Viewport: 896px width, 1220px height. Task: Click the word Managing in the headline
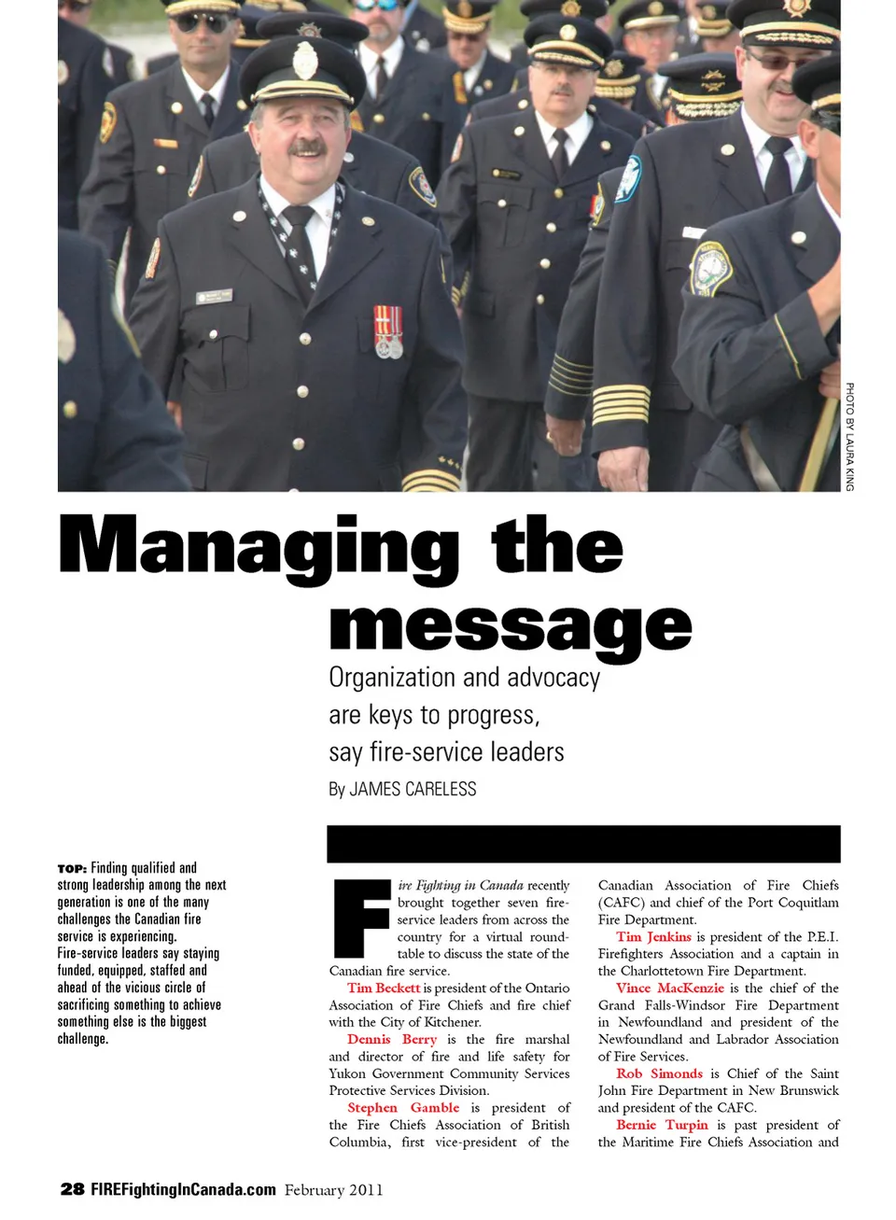259,548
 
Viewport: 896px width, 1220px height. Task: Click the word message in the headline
511,625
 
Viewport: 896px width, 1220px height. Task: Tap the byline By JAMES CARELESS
402,790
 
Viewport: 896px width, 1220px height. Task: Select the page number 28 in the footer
72,1189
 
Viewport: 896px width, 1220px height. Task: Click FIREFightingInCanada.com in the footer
183,1189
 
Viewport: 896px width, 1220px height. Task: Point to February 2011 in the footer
333,1190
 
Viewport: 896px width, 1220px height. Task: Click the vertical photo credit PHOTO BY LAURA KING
849,436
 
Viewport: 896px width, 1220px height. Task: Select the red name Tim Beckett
384,988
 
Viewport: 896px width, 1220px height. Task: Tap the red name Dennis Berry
392,1039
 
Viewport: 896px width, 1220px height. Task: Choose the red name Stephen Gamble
403,1108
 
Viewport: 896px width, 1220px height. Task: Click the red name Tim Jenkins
653,936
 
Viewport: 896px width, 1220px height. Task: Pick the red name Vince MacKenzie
669,988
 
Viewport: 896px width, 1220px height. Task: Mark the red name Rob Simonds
659,1073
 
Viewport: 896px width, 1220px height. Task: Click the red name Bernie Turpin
662,1125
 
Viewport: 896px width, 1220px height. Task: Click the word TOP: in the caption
72,868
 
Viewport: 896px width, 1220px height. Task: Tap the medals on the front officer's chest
388,331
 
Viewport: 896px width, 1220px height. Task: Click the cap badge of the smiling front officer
304,62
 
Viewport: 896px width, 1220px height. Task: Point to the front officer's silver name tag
214,296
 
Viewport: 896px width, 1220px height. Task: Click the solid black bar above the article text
583,844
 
